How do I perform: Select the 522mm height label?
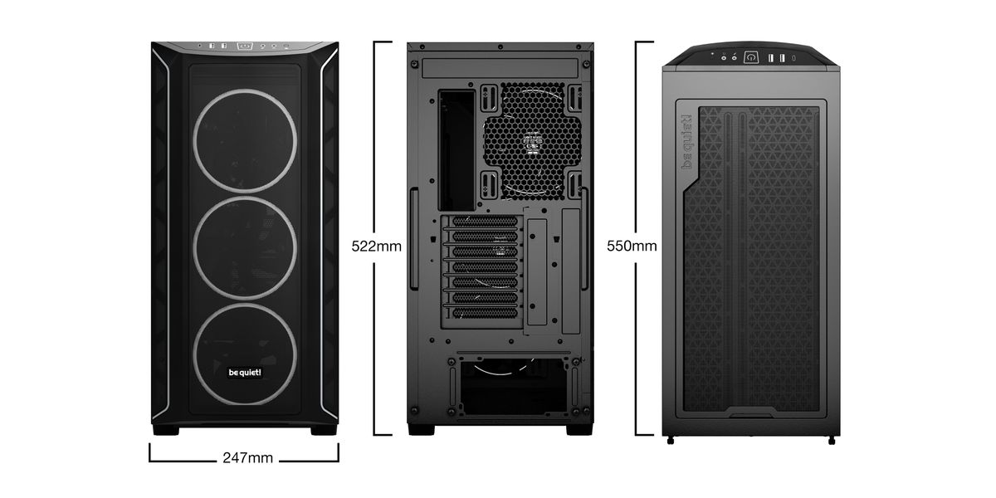[376, 246]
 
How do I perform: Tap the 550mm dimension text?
[632, 246]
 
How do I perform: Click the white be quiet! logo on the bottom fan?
[244, 373]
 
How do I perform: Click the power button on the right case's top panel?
[751, 57]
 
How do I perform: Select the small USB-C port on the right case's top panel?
[793, 57]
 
